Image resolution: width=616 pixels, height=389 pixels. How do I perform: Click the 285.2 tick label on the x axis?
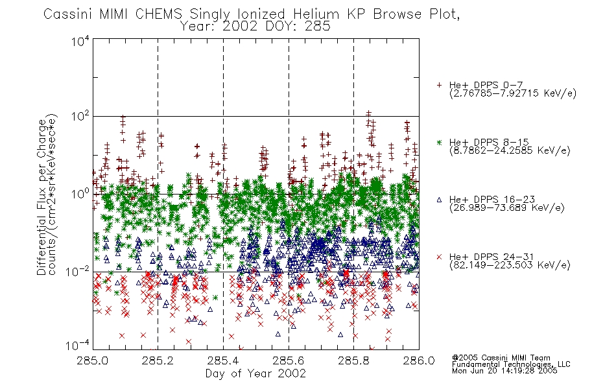coord(158,360)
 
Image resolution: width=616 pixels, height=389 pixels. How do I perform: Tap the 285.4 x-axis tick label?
coord(223,360)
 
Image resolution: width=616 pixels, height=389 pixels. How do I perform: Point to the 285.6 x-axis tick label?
coord(289,360)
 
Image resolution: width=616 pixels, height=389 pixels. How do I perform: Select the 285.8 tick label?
coord(353,360)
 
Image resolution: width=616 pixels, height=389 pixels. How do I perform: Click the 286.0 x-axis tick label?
coord(419,360)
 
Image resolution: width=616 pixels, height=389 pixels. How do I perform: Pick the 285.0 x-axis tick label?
coord(93,360)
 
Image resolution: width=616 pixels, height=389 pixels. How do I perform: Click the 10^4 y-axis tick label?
coord(80,41)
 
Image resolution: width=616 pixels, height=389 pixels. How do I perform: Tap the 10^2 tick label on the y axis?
coord(80,117)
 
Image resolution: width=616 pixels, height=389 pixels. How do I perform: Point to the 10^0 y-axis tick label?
coord(80,194)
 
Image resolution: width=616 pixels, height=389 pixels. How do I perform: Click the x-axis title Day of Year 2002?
coord(255,373)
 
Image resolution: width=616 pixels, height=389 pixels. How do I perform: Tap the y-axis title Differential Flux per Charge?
coord(41,197)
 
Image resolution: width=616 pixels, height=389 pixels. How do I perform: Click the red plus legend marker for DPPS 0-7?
coord(439,85)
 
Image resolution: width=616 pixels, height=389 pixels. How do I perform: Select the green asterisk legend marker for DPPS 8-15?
coord(439,142)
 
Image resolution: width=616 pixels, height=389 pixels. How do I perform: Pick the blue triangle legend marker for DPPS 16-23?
coord(439,200)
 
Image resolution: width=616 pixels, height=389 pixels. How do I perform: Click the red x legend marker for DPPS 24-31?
coord(439,257)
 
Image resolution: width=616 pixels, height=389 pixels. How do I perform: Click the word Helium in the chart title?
coord(316,14)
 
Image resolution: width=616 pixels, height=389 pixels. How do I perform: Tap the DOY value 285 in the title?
coord(317,27)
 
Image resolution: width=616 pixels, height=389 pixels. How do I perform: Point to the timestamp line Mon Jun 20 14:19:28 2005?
coord(504,371)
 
